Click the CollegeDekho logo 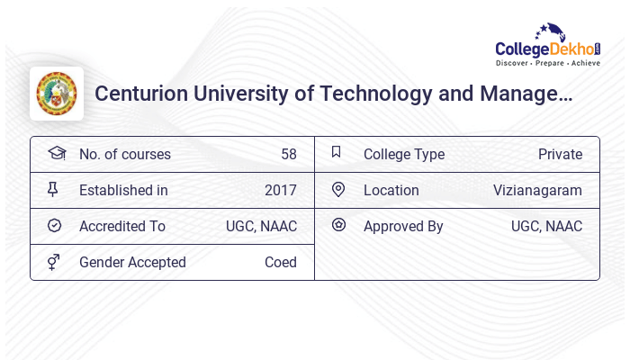[548, 46]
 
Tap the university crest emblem [57, 94]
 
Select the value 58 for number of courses [288, 154]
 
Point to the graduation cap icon [56, 153]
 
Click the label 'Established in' [123, 190]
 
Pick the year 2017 [281, 190]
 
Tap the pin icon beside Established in [53, 189]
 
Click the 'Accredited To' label [122, 226]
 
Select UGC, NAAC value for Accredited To [261, 226]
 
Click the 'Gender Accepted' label [132, 262]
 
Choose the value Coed [281, 262]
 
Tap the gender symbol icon [53, 261]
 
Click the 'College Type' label [404, 154]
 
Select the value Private [560, 154]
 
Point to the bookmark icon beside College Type [337, 152]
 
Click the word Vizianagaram [537, 190]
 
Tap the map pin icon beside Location [338, 189]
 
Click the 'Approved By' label [403, 226]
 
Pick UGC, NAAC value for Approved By [546, 226]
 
